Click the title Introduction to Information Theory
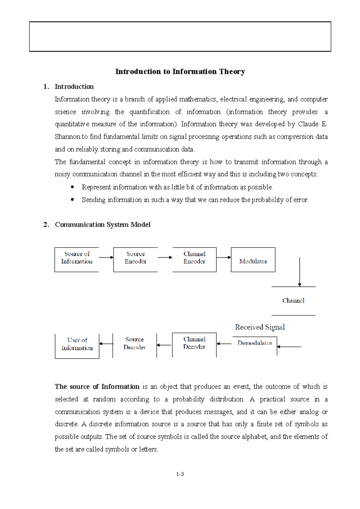click(x=180, y=72)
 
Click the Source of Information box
click(x=77, y=259)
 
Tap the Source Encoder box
click(x=136, y=259)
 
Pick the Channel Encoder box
click(x=194, y=259)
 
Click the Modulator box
click(x=253, y=260)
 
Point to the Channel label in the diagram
click(x=293, y=301)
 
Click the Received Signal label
click(x=260, y=327)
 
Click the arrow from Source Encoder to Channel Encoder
click(x=165, y=257)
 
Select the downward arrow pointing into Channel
click(x=299, y=272)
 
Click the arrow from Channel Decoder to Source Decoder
click(x=164, y=345)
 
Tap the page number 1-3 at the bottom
click(x=180, y=474)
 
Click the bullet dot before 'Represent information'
click(x=72, y=187)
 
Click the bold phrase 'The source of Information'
click(x=97, y=387)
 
